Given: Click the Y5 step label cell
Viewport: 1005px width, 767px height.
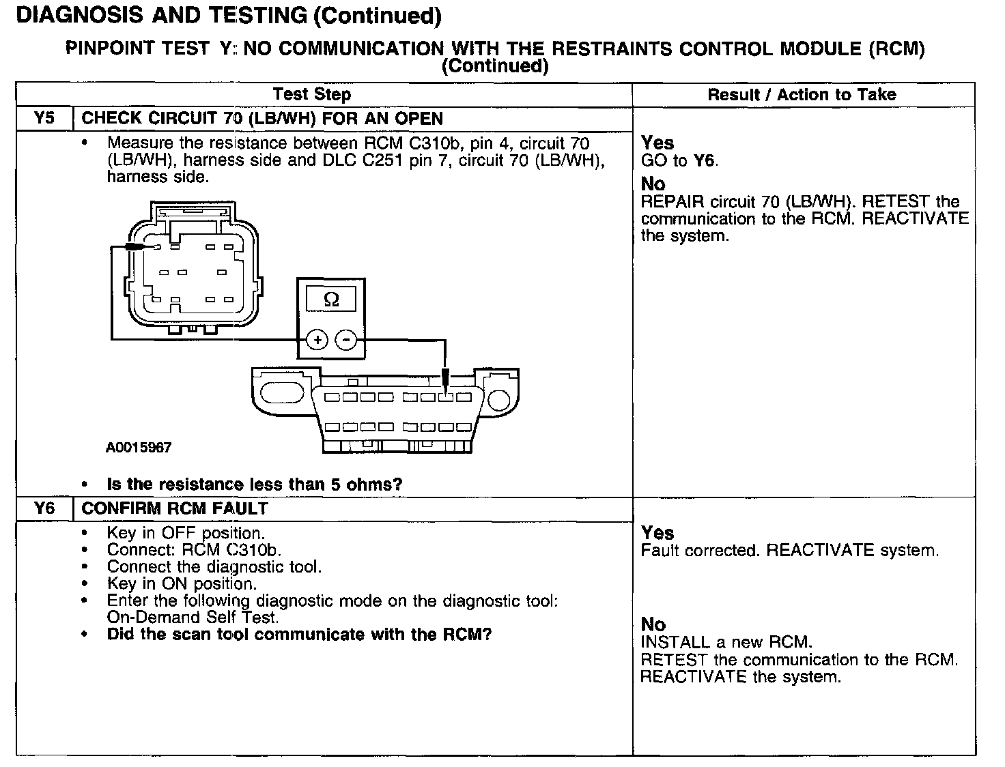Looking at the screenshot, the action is (x=44, y=118).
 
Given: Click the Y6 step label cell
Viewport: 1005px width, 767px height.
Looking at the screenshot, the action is (x=44, y=508).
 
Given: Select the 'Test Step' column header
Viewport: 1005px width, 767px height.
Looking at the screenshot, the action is (x=311, y=94).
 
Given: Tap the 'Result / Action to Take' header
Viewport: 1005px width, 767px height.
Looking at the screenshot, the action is (x=802, y=94).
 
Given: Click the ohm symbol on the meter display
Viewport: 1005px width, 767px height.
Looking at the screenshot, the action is (x=331, y=300).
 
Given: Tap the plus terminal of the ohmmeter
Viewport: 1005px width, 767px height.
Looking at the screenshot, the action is (x=316, y=339).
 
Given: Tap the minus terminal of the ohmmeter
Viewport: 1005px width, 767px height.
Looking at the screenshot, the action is (x=347, y=339).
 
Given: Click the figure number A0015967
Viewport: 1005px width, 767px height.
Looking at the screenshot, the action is (x=139, y=448).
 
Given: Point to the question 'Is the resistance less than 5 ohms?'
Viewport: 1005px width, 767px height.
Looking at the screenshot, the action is (x=255, y=484).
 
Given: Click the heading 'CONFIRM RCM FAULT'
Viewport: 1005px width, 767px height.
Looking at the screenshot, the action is (x=175, y=508).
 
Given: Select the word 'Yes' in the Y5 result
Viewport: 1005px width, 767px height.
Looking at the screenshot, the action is (x=657, y=143).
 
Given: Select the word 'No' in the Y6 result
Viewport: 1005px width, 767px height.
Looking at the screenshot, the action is (x=653, y=624).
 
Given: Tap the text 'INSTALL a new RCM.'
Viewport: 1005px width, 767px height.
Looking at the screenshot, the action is (x=726, y=643).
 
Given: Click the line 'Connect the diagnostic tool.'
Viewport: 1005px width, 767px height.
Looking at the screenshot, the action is (x=214, y=567).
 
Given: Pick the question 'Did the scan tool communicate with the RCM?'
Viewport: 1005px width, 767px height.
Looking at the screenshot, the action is (x=299, y=635).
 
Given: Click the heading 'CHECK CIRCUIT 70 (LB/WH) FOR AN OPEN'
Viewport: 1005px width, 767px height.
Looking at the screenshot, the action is (x=262, y=118).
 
